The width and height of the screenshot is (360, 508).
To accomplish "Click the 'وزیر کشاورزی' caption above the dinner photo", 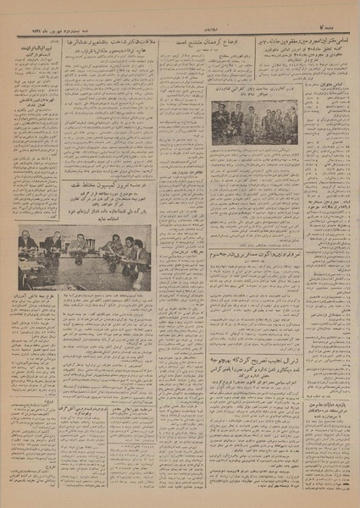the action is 253,88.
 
